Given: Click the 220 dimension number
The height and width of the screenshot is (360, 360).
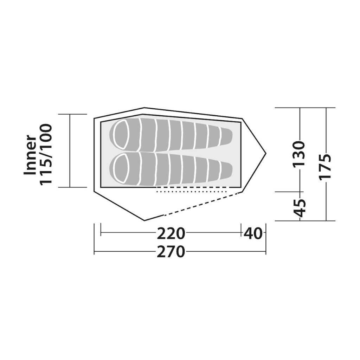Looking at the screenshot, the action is click(x=171, y=233).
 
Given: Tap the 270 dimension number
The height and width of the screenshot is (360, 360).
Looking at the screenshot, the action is click(x=171, y=252).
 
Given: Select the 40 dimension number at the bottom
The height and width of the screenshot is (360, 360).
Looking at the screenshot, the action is click(x=253, y=233).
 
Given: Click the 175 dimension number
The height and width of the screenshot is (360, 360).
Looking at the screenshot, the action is click(x=326, y=166).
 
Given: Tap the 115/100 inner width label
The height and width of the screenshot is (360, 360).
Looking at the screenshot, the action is click(x=46, y=154).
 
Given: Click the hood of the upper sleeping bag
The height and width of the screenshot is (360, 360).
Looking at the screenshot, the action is click(x=121, y=135).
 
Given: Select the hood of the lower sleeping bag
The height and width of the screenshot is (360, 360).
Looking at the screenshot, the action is click(x=121, y=168).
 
